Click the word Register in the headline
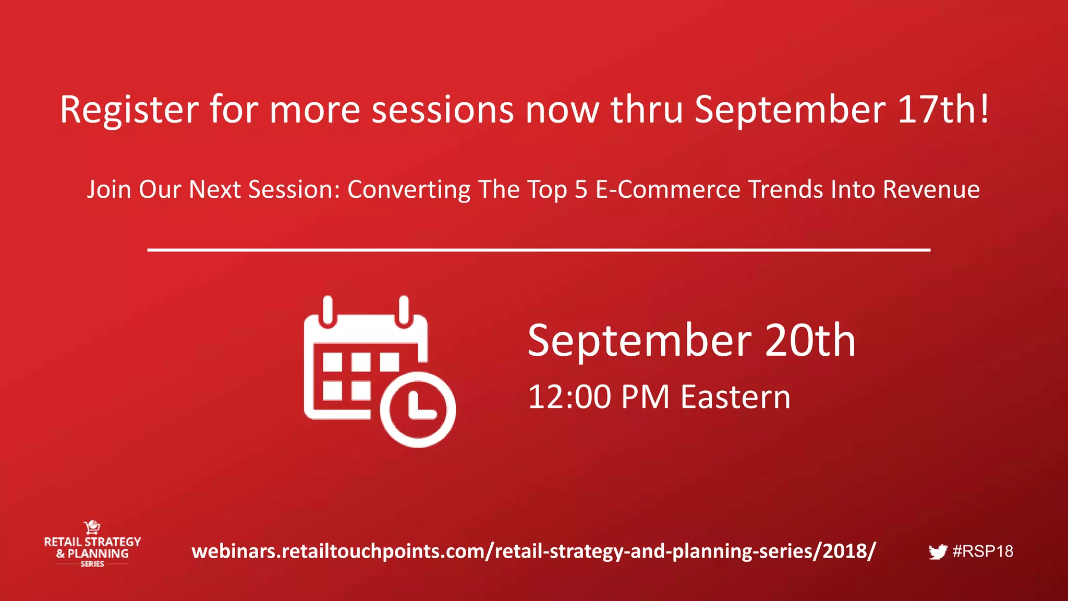[129, 111]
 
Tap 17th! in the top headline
[943, 110]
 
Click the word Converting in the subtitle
[408, 190]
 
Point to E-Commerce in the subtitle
[667, 189]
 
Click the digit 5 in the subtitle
[581, 189]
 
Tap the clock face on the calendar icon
[418, 410]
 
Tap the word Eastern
[735, 397]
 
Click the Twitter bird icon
[938, 552]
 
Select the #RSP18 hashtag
[983, 551]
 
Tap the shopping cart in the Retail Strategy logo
[92, 527]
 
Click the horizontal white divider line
[539, 250]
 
